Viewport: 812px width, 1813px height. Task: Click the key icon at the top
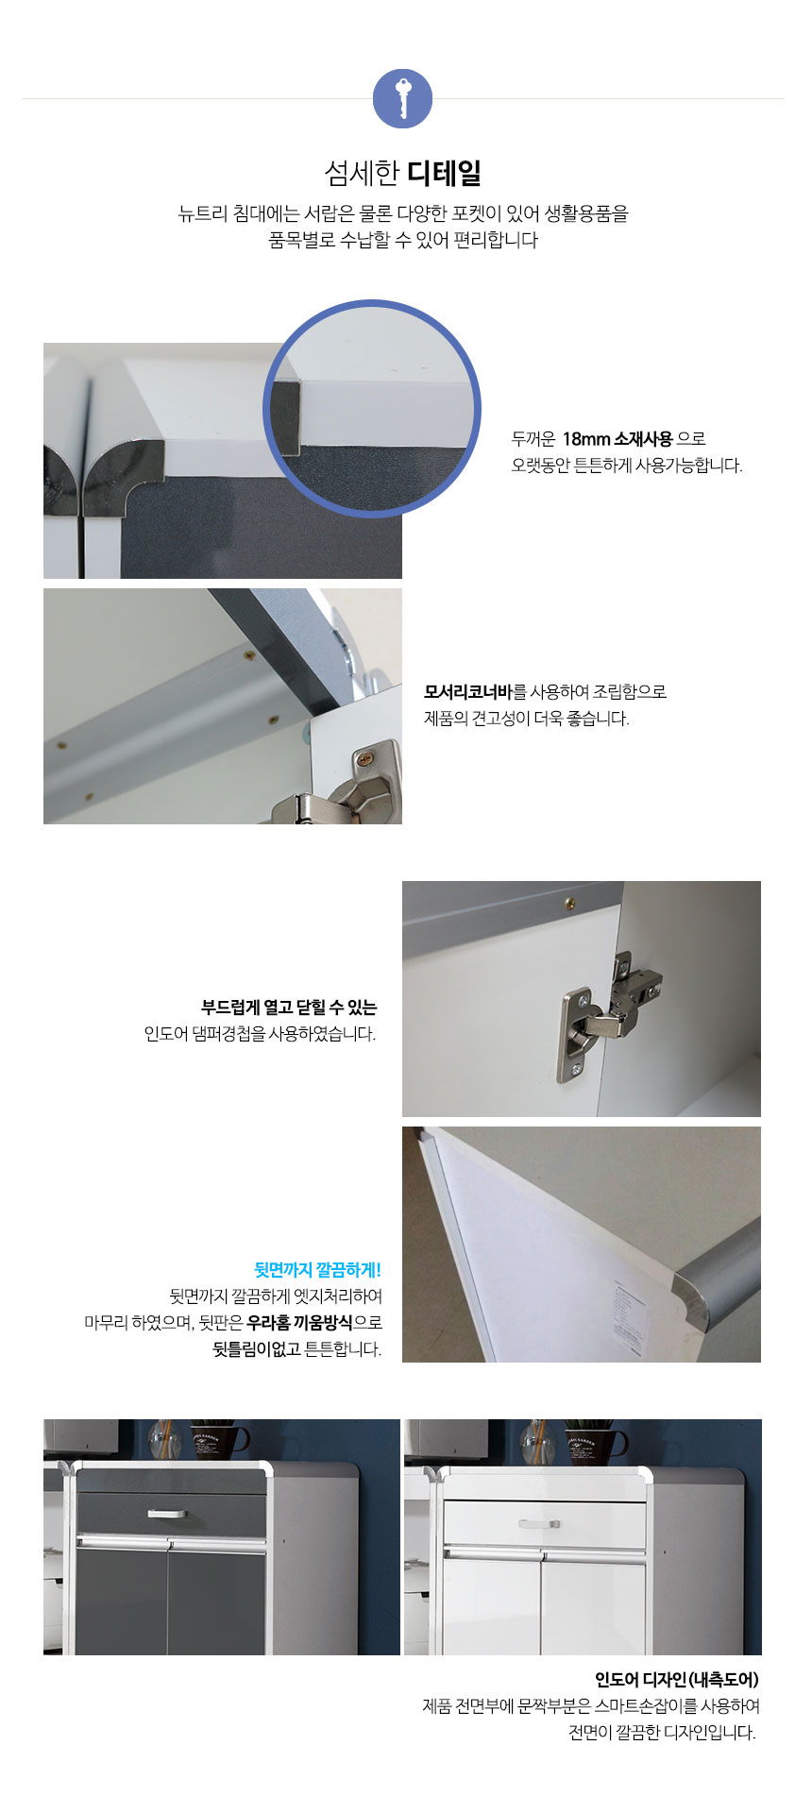(x=402, y=98)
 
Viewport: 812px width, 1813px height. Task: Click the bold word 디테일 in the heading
(x=445, y=174)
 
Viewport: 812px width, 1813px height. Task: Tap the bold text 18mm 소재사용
(x=617, y=438)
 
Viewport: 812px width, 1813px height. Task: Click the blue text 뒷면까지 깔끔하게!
(x=318, y=1269)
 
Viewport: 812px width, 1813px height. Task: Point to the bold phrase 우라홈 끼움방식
(x=300, y=1322)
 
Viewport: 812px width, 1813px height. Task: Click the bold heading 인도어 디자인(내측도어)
(x=677, y=1679)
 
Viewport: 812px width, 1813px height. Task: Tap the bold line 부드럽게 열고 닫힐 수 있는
(x=289, y=1007)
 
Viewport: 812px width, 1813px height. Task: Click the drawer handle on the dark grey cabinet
(x=167, y=1513)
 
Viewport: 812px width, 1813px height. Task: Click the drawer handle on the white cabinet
(x=538, y=1523)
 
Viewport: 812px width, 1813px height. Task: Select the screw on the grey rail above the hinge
(x=569, y=904)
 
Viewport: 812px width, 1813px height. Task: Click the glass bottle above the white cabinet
(x=535, y=1441)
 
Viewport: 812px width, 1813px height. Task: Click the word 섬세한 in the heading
(x=363, y=174)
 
